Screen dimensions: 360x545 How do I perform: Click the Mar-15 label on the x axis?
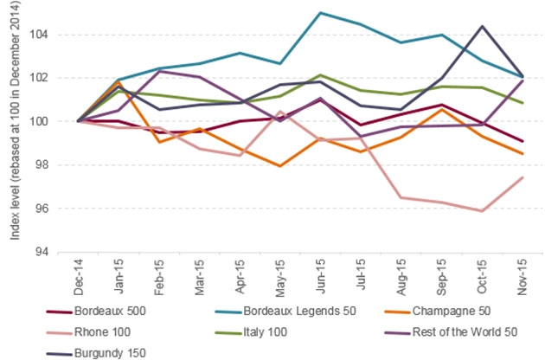pyautogui.click(x=197, y=275)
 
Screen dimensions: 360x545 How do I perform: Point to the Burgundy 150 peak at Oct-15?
pyautogui.click(x=480, y=26)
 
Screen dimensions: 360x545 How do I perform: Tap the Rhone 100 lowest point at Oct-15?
pyautogui.click(x=480, y=210)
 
